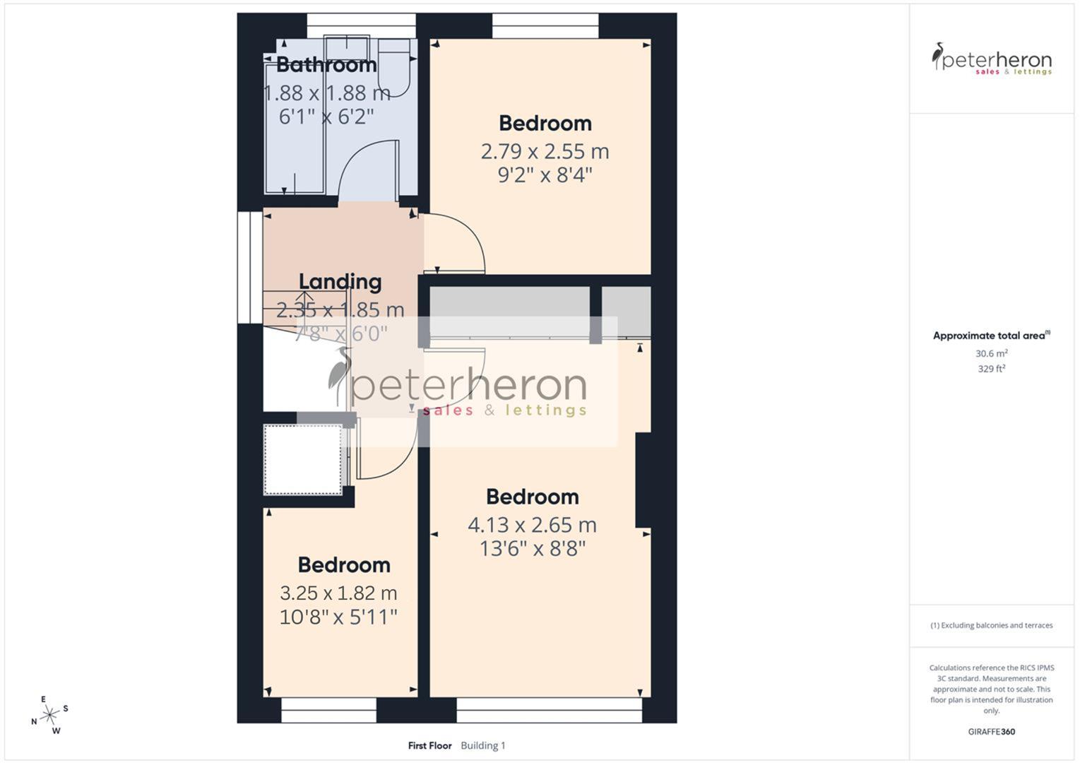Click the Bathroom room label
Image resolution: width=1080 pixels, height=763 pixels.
pos(326,65)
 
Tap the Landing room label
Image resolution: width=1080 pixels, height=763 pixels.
pos(340,282)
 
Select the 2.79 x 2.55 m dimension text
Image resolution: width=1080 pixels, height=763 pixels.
pos(545,151)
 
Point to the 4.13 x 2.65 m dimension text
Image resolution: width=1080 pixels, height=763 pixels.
pos(532,525)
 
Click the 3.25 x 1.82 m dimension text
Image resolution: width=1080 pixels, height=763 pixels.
pos(338,593)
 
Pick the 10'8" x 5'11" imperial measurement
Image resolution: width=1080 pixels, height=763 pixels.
pos(338,617)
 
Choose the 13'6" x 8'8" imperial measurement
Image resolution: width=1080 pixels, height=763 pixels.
pos(533,549)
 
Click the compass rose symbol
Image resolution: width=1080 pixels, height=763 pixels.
pos(49,716)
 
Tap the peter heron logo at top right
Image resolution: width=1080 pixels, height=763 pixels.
pos(991,59)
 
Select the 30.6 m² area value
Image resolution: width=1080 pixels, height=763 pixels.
pos(991,353)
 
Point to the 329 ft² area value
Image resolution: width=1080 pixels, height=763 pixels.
pos(991,369)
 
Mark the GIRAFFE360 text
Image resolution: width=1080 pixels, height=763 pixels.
pos(991,732)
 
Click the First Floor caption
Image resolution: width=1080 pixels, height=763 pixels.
pos(429,745)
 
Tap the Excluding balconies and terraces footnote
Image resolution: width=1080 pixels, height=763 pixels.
pos(991,625)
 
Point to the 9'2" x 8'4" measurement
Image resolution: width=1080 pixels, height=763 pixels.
pos(545,175)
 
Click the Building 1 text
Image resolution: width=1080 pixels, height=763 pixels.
pos(483,745)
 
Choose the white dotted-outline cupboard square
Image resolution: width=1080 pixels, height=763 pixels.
pos(302,459)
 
